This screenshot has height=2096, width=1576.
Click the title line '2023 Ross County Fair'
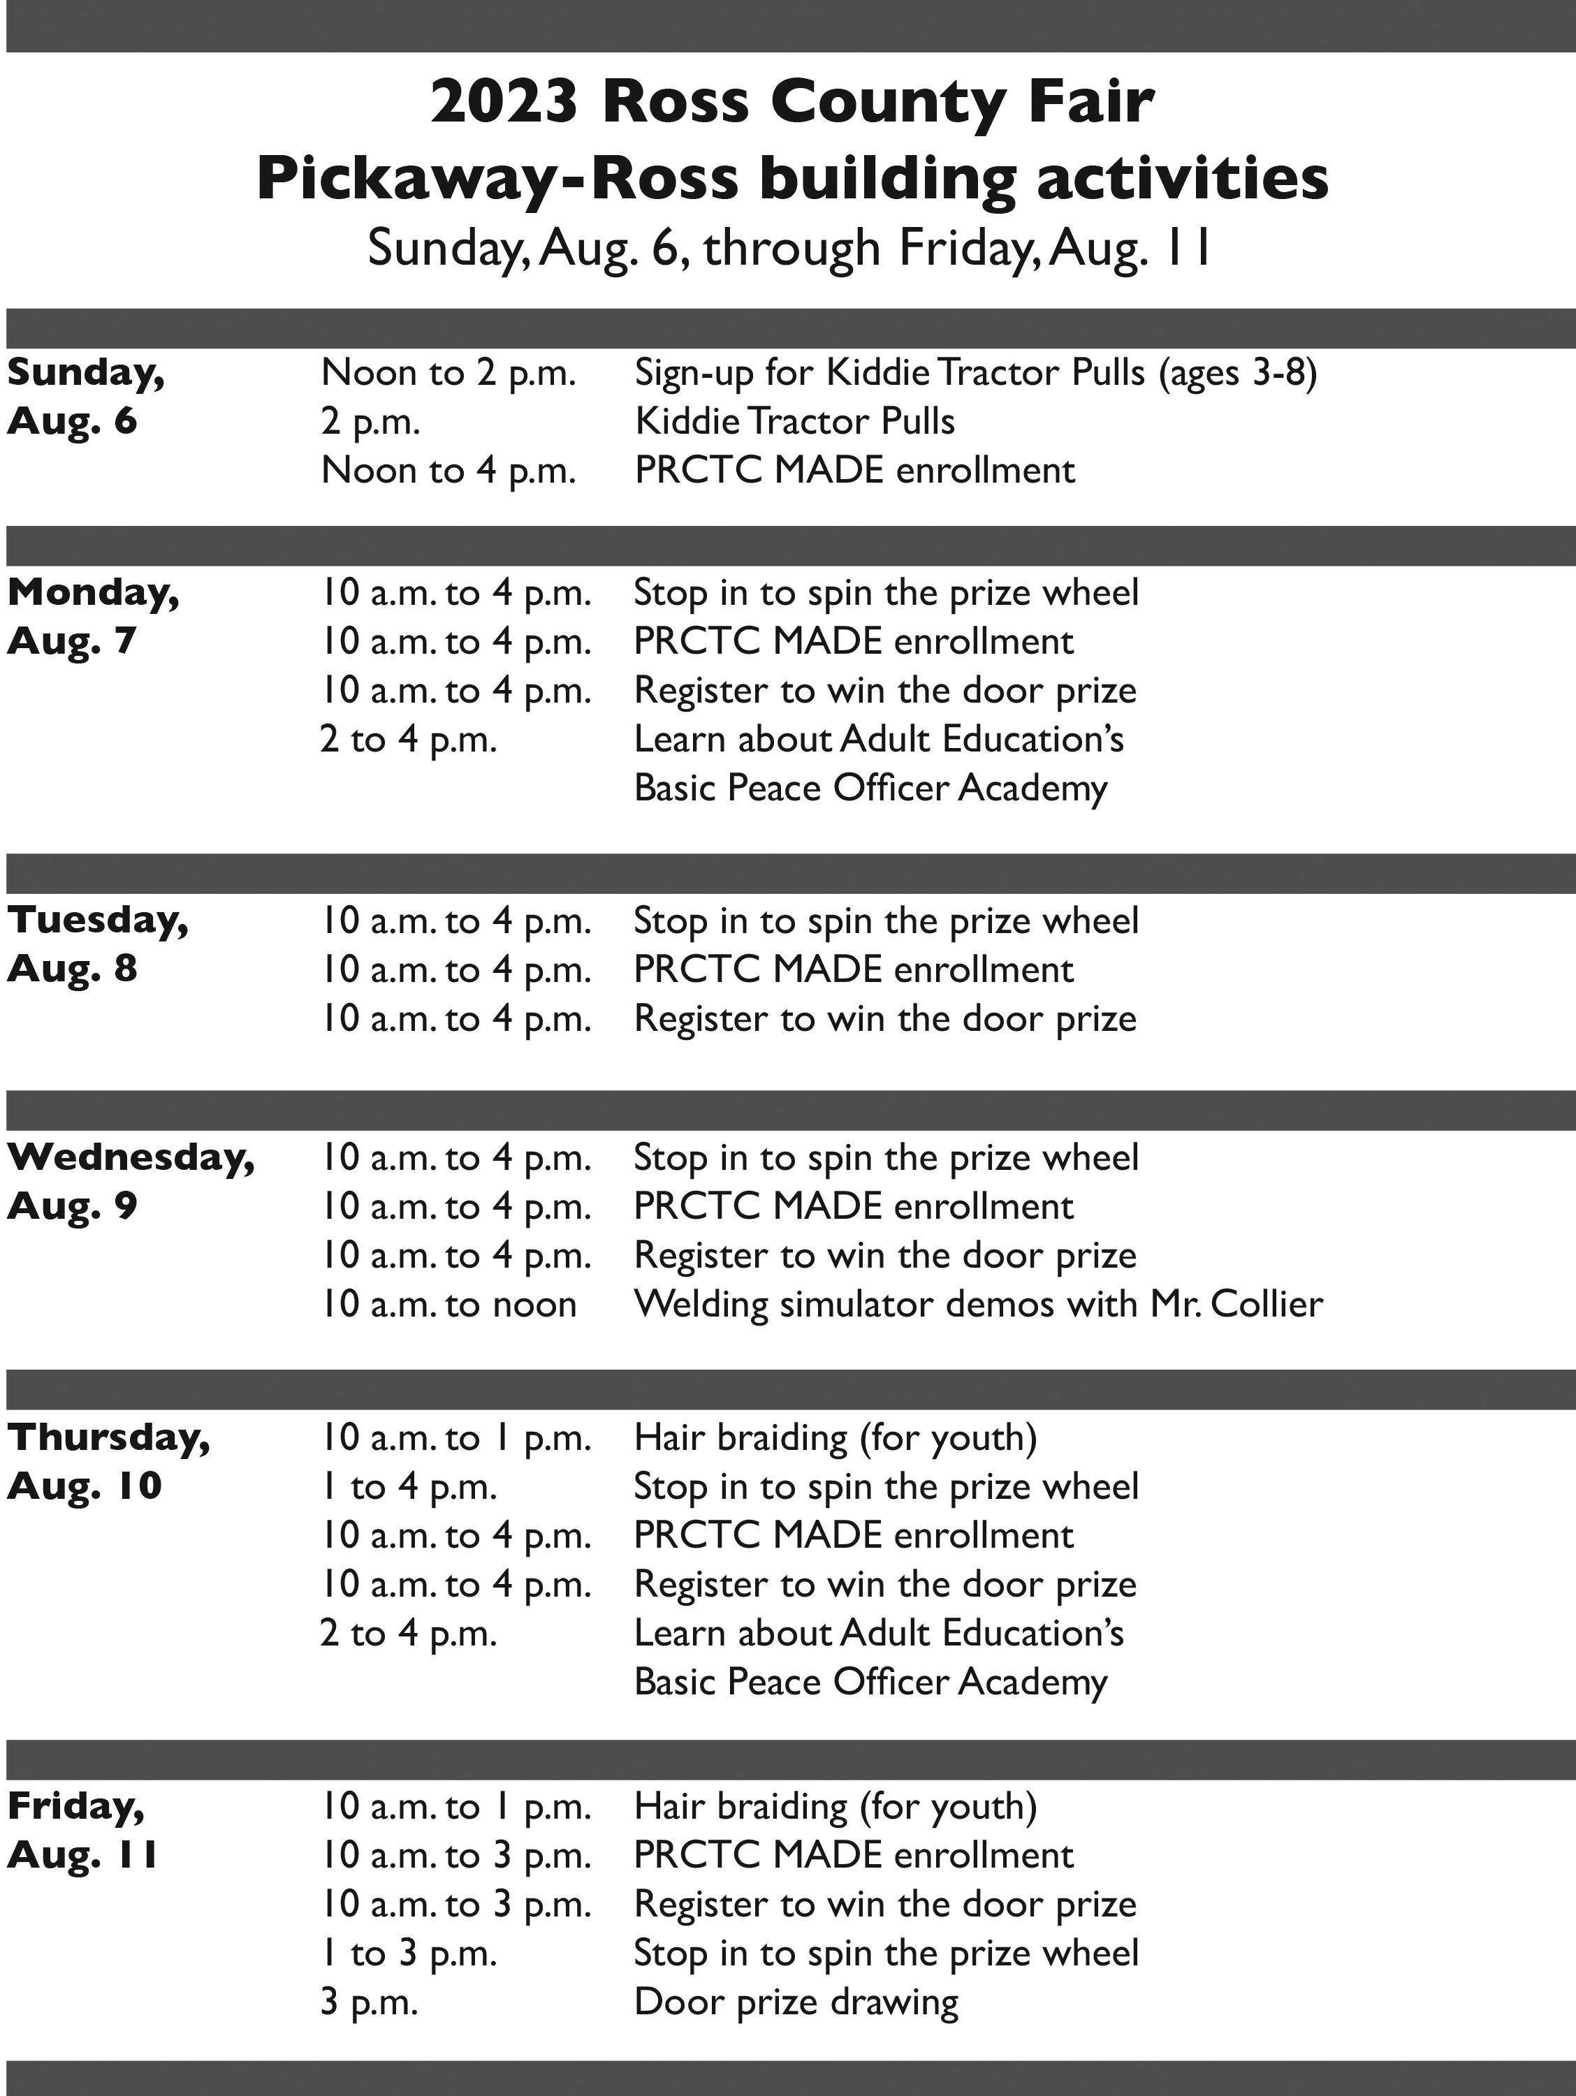click(x=792, y=103)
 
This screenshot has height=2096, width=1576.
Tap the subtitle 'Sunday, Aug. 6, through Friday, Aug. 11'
click(x=789, y=248)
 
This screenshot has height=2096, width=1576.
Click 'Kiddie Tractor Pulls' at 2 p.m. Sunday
click(x=794, y=422)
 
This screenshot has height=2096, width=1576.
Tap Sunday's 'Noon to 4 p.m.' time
click(x=448, y=471)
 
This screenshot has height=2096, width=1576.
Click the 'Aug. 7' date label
click(x=72, y=641)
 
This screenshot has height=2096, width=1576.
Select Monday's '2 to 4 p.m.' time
click(x=409, y=739)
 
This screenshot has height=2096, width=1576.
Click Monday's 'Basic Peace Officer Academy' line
click(x=870, y=789)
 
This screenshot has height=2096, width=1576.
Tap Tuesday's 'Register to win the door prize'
click(x=884, y=1018)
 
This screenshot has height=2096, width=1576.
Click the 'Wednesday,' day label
click(x=131, y=1157)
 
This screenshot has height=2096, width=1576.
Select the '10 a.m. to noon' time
click(x=448, y=1305)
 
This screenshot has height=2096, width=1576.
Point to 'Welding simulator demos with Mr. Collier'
click(x=977, y=1305)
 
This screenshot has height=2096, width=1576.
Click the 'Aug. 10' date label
click(x=85, y=1486)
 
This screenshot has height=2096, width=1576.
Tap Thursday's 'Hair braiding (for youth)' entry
click(x=835, y=1437)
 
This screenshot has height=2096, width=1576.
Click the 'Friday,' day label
click(x=76, y=1806)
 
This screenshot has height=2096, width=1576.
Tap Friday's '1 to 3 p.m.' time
click(x=409, y=1953)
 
